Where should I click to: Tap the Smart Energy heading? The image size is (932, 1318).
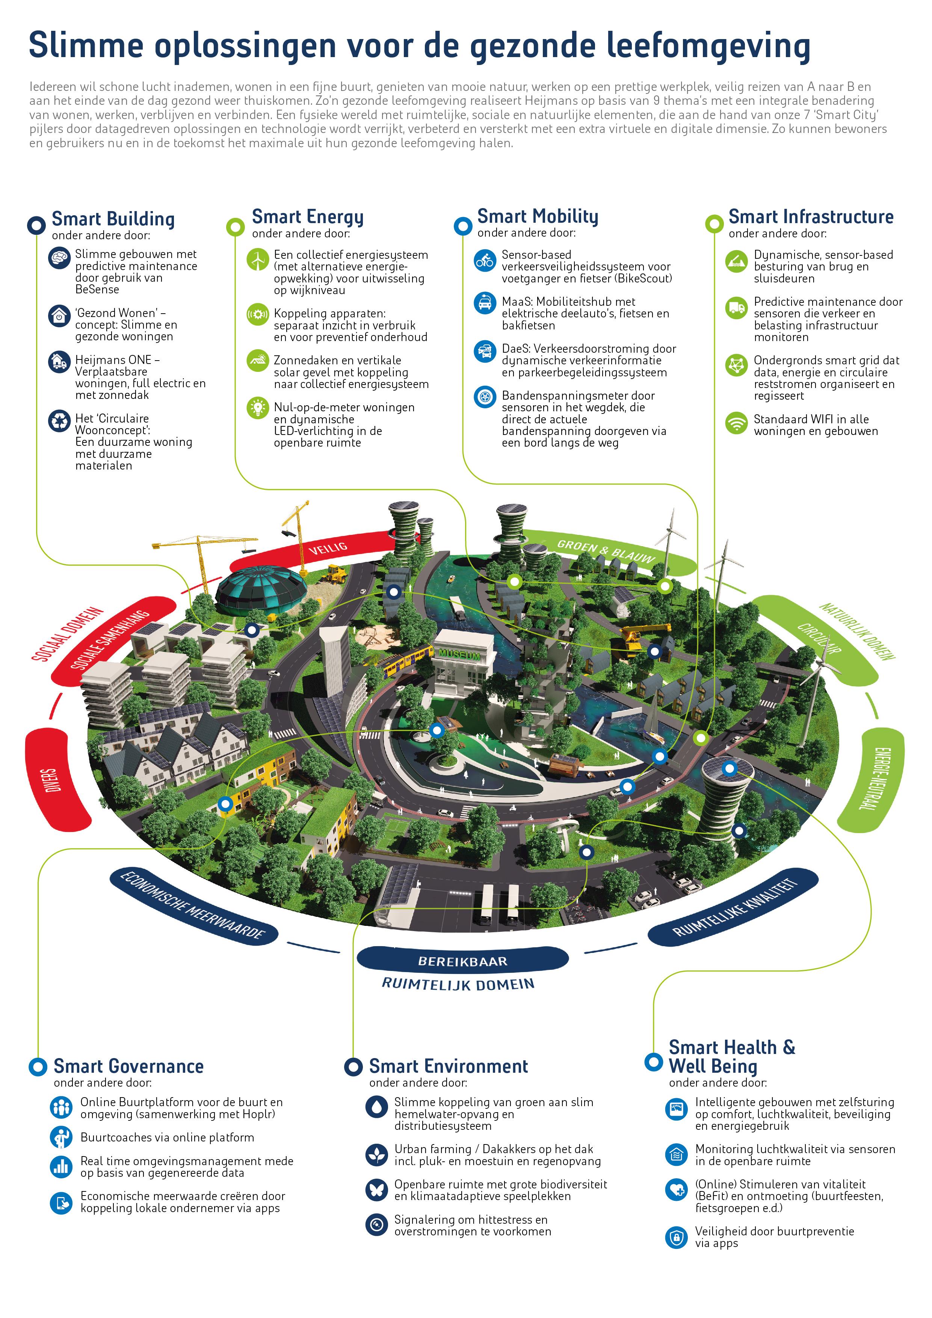(307, 217)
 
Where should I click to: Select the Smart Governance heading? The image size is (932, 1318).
(128, 1067)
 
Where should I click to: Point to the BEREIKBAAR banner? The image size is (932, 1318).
(462, 961)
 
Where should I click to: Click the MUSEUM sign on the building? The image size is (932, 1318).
(459, 654)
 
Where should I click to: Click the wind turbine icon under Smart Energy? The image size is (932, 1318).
(258, 260)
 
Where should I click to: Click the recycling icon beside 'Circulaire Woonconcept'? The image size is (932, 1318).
(59, 421)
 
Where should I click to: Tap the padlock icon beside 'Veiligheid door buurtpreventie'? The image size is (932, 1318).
(676, 1238)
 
